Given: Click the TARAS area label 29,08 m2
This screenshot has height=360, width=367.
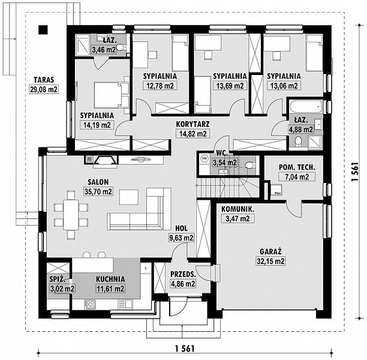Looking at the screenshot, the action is pyautogui.click(x=44, y=89).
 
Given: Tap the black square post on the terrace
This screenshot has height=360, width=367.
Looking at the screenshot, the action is pyautogui.click(x=43, y=29).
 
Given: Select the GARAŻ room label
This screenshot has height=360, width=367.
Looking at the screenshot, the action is pyautogui.click(x=270, y=251).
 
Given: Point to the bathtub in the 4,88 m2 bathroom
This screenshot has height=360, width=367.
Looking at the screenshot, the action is pyautogui.click(x=305, y=107).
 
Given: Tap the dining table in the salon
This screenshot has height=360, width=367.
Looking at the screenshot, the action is pyautogui.click(x=71, y=215).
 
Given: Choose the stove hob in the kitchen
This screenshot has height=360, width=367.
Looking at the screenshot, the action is pyautogui.click(x=90, y=304).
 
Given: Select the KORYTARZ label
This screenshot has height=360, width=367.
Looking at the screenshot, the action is pyautogui.click(x=192, y=124).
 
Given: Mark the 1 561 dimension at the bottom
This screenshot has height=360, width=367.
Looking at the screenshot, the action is pyautogui.click(x=185, y=349).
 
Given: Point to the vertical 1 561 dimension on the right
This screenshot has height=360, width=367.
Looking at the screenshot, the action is pyautogui.click(x=355, y=172).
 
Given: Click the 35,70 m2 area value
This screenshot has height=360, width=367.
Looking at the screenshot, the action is pyautogui.click(x=98, y=191).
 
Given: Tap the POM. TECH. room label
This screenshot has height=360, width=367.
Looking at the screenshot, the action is pyautogui.click(x=297, y=167).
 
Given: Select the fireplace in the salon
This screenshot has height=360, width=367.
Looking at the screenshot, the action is pyautogui.click(x=105, y=161).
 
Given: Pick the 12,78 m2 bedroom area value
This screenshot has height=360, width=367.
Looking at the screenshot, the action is pyautogui.click(x=160, y=86).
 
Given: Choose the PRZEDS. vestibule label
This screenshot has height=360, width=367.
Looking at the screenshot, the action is pyautogui.click(x=183, y=274).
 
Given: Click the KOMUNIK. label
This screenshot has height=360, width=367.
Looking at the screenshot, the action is pyautogui.click(x=238, y=209).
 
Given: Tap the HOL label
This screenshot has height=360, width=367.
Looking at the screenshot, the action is pyautogui.click(x=181, y=228).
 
